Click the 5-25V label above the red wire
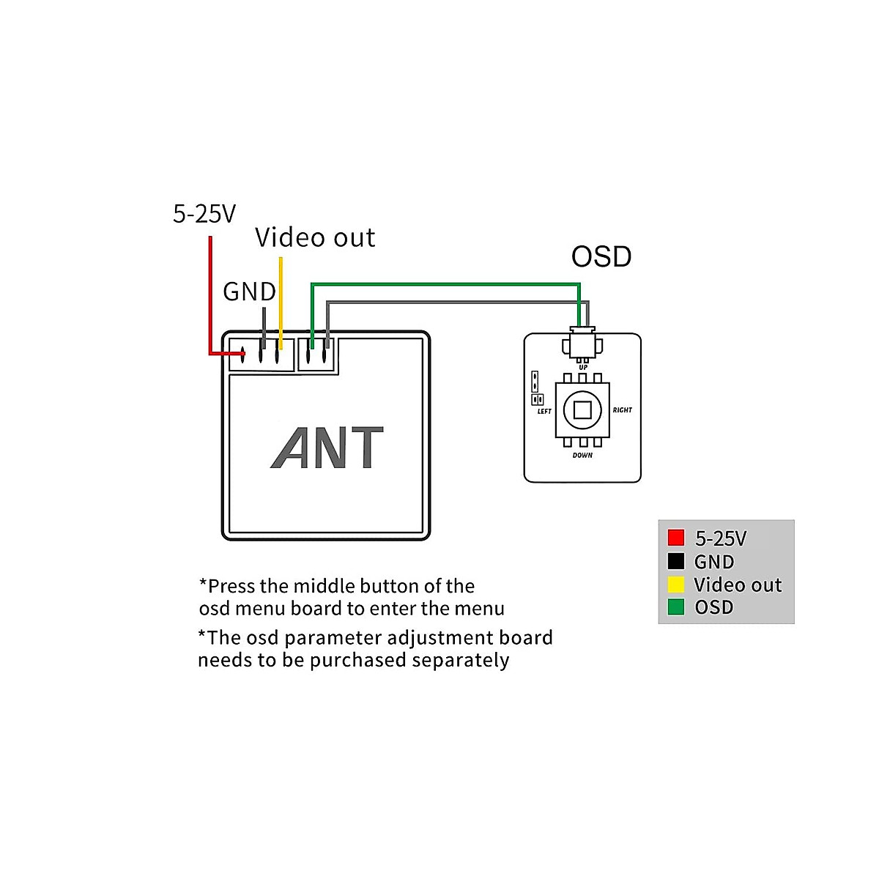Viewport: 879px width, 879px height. pos(204,214)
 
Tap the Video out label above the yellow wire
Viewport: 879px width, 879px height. pos(315,238)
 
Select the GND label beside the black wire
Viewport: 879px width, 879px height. pos(249,292)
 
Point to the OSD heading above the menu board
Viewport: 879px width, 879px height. pos(601,256)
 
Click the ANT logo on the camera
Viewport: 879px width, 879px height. pos(327,448)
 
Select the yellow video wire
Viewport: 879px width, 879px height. pos(280,300)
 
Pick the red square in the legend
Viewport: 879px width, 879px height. pos(676,538)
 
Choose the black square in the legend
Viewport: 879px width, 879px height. pos(676,562)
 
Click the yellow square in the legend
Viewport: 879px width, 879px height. pos(676,585)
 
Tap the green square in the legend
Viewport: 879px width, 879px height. pos(676,607)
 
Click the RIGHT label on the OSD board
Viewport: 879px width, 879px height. pos(622,410)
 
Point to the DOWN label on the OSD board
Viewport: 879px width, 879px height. pos(582,456)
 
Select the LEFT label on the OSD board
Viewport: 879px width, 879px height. pos(544,412)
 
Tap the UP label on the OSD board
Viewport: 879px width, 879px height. pos(583,368)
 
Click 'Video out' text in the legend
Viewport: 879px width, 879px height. pos(738,585)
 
